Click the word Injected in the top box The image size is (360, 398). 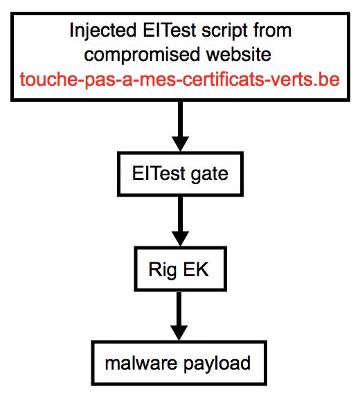(103, 31)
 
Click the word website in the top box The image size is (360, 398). (238, 54)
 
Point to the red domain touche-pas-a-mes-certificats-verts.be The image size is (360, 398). (180, 80)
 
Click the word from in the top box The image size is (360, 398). (271, 30)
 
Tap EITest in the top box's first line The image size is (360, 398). (170, 30)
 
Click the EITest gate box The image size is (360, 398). (180, 174)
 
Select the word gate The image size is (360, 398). (210, 174)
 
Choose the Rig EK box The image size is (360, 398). (180, 269)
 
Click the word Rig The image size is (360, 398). (163, 270)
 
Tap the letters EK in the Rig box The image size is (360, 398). (195, 269)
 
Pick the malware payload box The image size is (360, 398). (179, 363)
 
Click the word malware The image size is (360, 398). (141, 363)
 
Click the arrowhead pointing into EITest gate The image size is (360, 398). (180, 144)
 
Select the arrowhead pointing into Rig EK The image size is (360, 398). (180, 239)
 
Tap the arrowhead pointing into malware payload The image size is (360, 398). (179, 333)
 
